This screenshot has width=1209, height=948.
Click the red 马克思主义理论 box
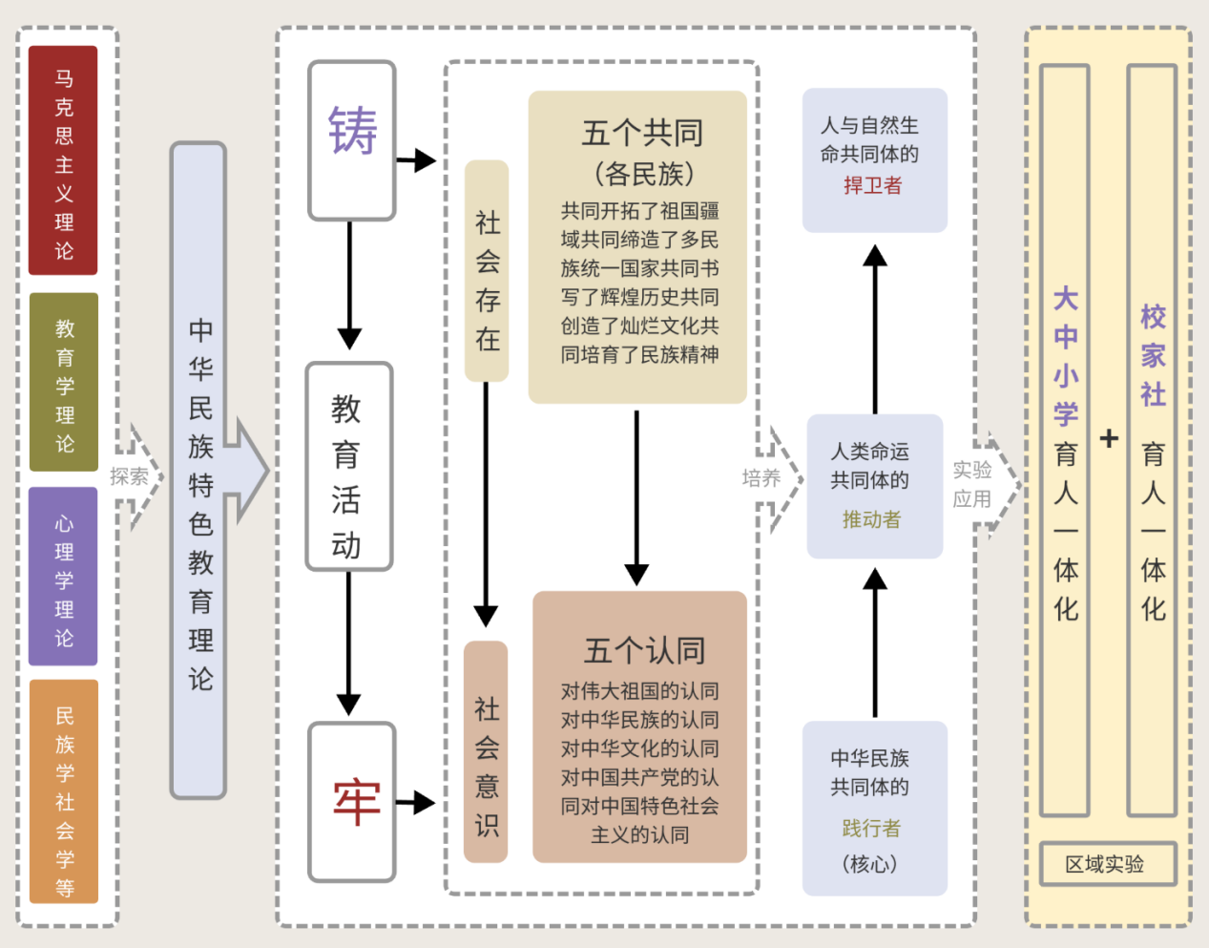63,160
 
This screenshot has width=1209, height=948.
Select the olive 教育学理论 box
64,382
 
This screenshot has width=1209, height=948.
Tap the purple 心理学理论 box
63,577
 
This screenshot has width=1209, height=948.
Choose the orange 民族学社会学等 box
64,791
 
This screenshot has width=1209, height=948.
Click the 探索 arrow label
129,476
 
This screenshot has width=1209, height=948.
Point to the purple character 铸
352,131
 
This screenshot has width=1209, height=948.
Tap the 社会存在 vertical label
487,271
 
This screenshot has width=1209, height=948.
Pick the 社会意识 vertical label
486,752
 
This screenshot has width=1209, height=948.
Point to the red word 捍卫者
872,185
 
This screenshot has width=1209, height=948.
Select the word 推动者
871,519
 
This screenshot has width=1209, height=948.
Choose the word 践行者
870,828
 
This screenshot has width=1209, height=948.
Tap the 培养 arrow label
761,477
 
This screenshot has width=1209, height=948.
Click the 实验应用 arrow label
971,484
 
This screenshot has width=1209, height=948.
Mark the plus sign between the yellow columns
1108,438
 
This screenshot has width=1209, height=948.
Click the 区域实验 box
1107,865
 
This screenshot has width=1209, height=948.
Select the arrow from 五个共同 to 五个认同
636,496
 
